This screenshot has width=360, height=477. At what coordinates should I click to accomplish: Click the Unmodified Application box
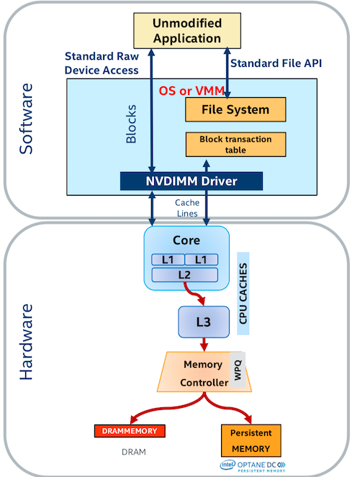(x=187, y=30)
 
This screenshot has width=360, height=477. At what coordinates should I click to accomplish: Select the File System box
(x=235, y=109)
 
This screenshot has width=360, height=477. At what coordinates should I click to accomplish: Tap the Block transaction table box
(x=235, y=145)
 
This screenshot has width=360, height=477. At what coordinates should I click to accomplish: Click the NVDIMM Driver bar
(x=192, y=181)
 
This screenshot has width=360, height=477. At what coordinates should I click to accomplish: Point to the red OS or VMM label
(x=192, y=91)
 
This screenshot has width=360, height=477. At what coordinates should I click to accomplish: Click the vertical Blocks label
(x=131, y=124)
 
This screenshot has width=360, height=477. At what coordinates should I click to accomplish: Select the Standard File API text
(x=276, y=63)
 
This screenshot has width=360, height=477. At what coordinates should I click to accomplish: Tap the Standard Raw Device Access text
(x=102, y=63)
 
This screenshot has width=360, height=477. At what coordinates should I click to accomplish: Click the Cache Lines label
(x=187, y=208)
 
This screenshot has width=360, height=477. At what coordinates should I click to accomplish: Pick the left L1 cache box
(x=168, y=260)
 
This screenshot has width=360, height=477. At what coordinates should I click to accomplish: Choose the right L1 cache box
(x=201, y=260)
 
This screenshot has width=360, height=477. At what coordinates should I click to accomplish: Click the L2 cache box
(x=185, y=275)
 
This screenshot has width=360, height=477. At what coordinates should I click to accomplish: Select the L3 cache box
(x=204, y=322)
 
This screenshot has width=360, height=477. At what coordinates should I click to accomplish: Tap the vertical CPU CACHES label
(x=243, y=294)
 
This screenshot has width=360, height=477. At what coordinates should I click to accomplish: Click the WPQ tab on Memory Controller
(x=238, y=370)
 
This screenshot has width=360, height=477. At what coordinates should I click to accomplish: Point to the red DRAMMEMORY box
(x=130, y=431)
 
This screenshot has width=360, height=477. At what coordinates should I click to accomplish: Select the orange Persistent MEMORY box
(x=251, y=440)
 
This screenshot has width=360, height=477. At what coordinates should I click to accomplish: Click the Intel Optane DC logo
(x=253, y=466)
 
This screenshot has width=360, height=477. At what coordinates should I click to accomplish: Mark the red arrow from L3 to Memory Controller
(x=204, y=345)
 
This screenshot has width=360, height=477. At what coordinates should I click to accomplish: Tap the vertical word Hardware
(x=26, y=342)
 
